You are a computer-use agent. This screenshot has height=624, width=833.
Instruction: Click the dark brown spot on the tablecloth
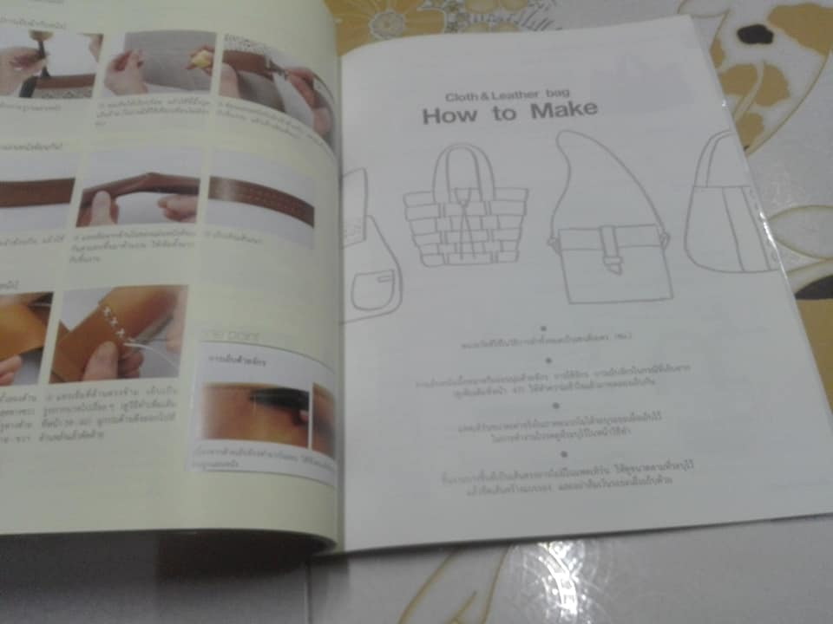pos(755,35)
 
